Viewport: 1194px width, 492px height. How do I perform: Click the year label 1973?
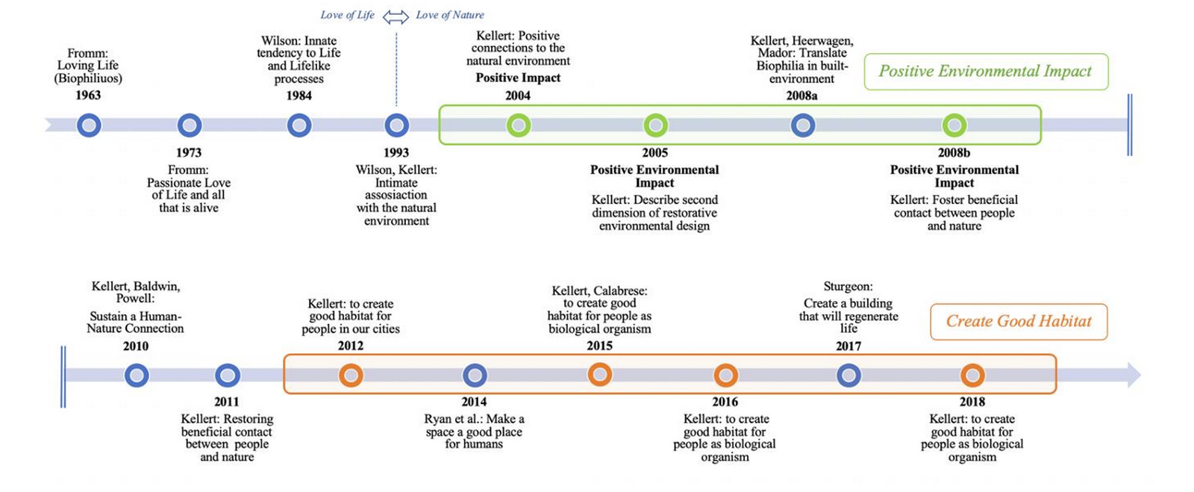(189, 153)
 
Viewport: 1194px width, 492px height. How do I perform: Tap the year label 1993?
(396, 153)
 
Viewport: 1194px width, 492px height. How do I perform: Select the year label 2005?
(654, 153)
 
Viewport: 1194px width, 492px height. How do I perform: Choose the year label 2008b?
(954, 153)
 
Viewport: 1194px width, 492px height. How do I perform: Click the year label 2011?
(227, 402)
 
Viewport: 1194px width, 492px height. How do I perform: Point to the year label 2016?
(725, 402)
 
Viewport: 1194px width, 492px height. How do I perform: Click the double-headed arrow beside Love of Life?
(396, 17)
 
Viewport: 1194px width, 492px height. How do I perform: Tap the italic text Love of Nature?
(450, 15)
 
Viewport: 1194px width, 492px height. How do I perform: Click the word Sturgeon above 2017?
(847, 286)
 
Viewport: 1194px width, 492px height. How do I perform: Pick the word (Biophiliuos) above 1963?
(88, 78)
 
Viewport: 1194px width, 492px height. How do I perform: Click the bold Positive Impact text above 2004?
(518, 78)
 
